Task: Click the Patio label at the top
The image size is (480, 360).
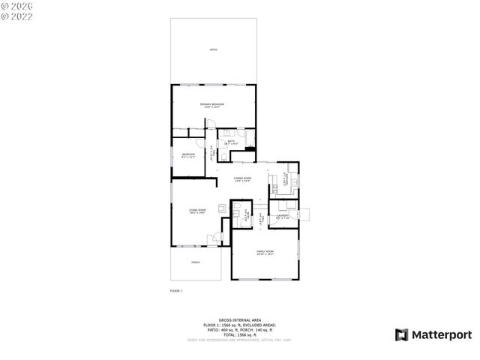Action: coord(213,49)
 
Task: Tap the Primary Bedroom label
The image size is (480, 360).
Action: coord(212,105)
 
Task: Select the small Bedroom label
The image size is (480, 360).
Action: coord(187,155)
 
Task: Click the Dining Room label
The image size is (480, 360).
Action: coord(242,179)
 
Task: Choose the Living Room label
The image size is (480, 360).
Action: coord(196,211)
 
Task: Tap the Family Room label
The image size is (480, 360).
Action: coord(265,253)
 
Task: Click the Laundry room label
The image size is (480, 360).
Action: coord(283,217)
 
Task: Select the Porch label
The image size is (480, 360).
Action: coord(196,262)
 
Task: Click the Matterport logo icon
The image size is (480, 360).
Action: coord(402,334)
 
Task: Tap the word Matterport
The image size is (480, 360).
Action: coord(442,334)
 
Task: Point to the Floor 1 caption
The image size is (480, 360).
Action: coord(175,290)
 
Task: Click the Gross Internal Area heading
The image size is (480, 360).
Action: coord(239,319)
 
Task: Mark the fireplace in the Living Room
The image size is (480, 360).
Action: coord(220,208)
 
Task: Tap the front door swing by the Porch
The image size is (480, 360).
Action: coord(213,239)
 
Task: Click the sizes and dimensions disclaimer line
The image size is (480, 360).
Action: coord(239,339)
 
